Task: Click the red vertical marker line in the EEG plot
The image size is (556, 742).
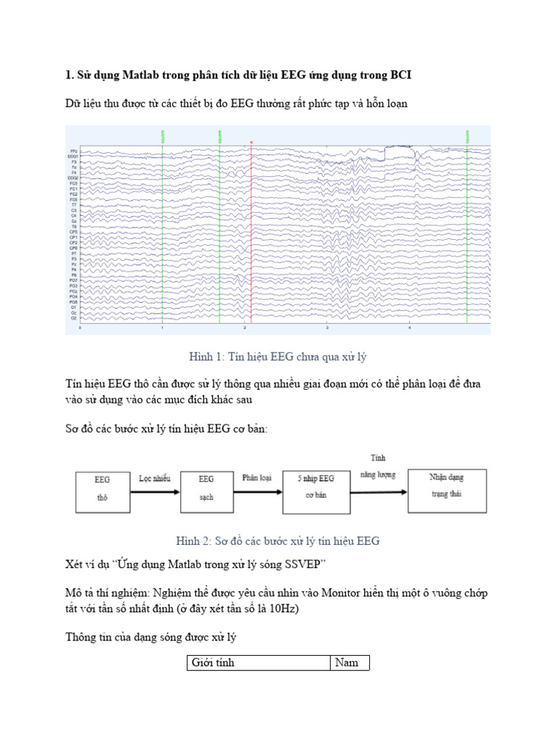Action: [x=250, y=232]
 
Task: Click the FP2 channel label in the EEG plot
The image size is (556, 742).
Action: [x=74, y=151]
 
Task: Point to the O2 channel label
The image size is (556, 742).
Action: [x=74, y=318]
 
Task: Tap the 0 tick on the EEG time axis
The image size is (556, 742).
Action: [x=80, y=328]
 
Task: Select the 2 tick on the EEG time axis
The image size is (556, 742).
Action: [x=245, y=328]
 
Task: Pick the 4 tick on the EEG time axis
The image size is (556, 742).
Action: [x=409, y=328]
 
